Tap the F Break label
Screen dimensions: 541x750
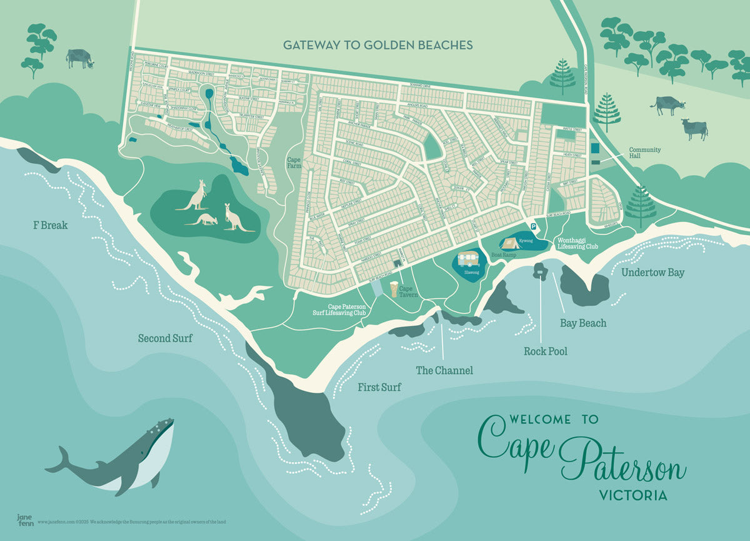coord(50,225)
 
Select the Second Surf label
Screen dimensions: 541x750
coord(165,338)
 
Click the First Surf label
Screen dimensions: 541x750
coord(379,388)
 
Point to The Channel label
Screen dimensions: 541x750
coord(444,370)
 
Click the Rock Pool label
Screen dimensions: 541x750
coord(545,351)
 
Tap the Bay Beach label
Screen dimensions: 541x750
coord(583,323)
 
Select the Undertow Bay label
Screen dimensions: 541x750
coord(652,273)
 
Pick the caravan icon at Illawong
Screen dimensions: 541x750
coord(469,259)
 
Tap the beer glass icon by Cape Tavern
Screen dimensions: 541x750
coord(394,289)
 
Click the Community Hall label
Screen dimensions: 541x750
coord(644,153)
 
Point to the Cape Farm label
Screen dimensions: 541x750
coord(294,163)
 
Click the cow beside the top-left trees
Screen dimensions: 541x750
coord(79,58)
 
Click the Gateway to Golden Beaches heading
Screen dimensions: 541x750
coord(377,45)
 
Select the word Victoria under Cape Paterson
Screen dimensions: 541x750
coord(632,495)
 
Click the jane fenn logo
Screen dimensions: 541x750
coord(25,520)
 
